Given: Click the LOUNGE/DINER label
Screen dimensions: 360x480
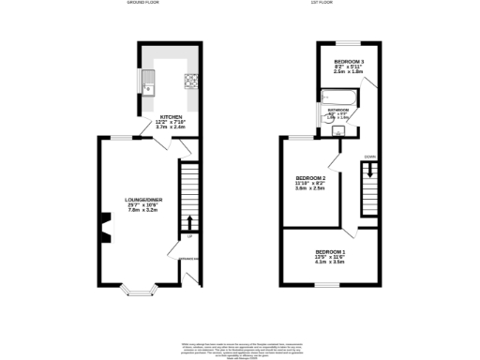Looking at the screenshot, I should coord(144,200).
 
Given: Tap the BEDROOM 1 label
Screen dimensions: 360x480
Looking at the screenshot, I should coord(330,253).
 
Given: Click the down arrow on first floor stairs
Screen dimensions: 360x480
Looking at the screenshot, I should coord(369,171).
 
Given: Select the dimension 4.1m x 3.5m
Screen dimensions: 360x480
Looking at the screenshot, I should coord(330,264).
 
